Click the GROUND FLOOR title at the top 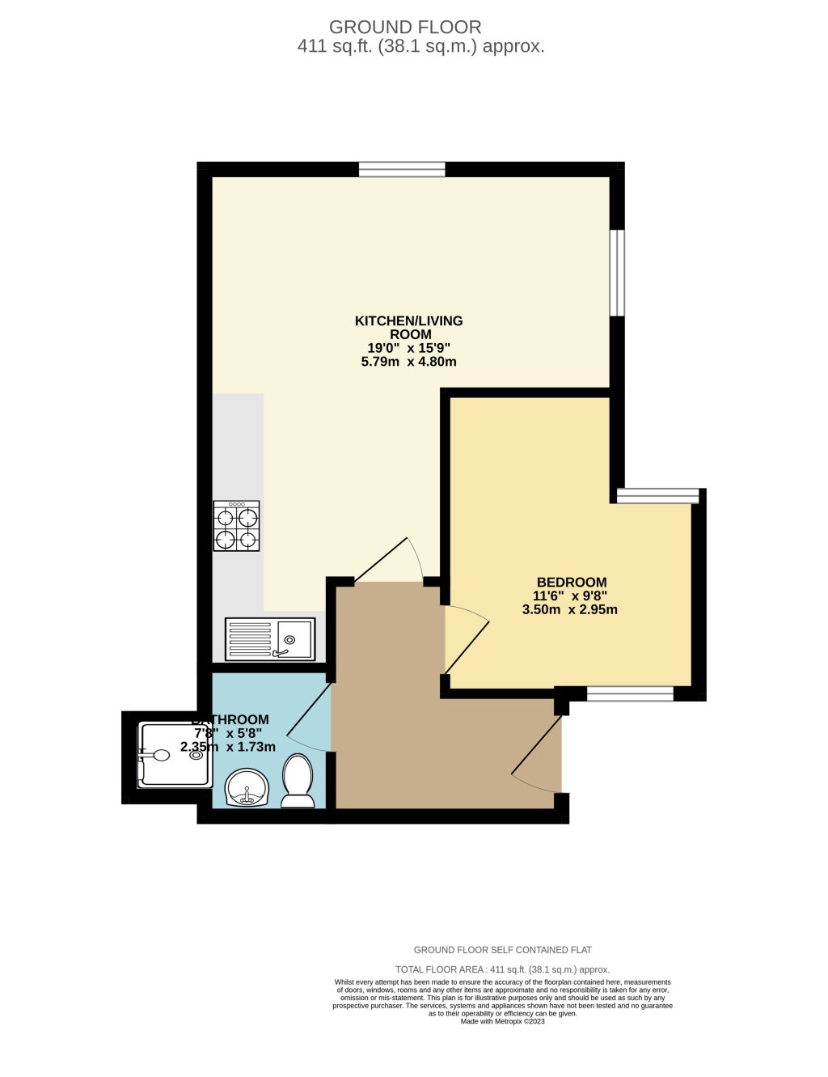coord(405,28)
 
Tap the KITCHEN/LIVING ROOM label coord(409,328)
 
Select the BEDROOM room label coord(572,582)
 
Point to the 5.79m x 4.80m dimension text coord(409,362)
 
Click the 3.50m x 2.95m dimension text coord(570,609)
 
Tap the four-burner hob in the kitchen coord(237,526)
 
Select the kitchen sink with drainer coord(269,639)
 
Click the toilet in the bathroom coord(298,782)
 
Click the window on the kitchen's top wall coord(402,169)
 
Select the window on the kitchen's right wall coord(617,273)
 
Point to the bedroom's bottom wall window coord(630,693)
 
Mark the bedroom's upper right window coord(657,496)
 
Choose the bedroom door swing coord(467,639)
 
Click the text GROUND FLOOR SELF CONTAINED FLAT coord(502,950)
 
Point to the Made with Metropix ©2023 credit coord(502,1021)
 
